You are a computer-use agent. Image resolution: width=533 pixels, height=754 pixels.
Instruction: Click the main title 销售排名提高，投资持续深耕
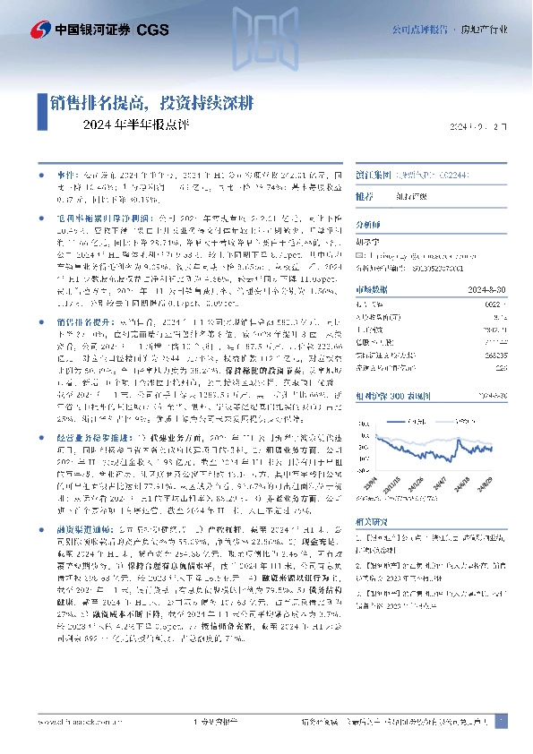coord(151,103)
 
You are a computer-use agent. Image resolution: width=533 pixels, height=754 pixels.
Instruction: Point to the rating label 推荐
coord(365,195)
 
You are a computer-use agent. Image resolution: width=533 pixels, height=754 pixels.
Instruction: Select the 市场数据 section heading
coord(372,288)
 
